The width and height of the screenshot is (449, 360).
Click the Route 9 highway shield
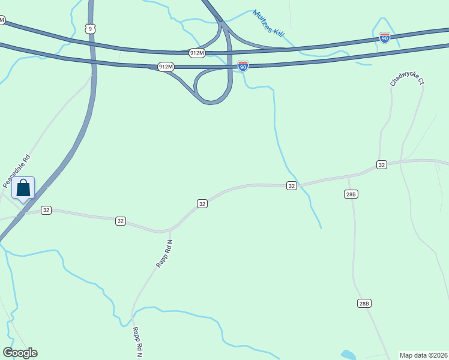coord(90,28)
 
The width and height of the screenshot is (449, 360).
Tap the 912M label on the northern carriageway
coord(197,53)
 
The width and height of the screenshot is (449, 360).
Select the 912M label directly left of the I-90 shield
coord(166,67)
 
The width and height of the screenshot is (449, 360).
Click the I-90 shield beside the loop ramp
coord(243,66)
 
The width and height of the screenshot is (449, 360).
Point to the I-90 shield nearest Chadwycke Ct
coord(385,38)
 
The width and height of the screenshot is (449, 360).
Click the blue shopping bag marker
coord(23,188)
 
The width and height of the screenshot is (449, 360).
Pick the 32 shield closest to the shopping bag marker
coord(46,210)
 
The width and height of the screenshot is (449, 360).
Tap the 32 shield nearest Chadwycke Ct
coord(381,164)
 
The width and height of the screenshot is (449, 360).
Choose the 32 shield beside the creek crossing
coord(291,186)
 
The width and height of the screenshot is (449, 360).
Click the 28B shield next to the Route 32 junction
coord(351,194)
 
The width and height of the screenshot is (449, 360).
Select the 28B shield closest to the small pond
coord(364,304)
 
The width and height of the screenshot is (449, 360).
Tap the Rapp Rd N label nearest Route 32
coord(164,253)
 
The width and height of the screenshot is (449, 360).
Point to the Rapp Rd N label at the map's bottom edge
coord(137,342)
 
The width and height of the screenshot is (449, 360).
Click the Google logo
coord(20,353)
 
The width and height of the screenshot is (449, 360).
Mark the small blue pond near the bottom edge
coord(348,355)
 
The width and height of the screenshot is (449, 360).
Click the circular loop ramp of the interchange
coord(213,87)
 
